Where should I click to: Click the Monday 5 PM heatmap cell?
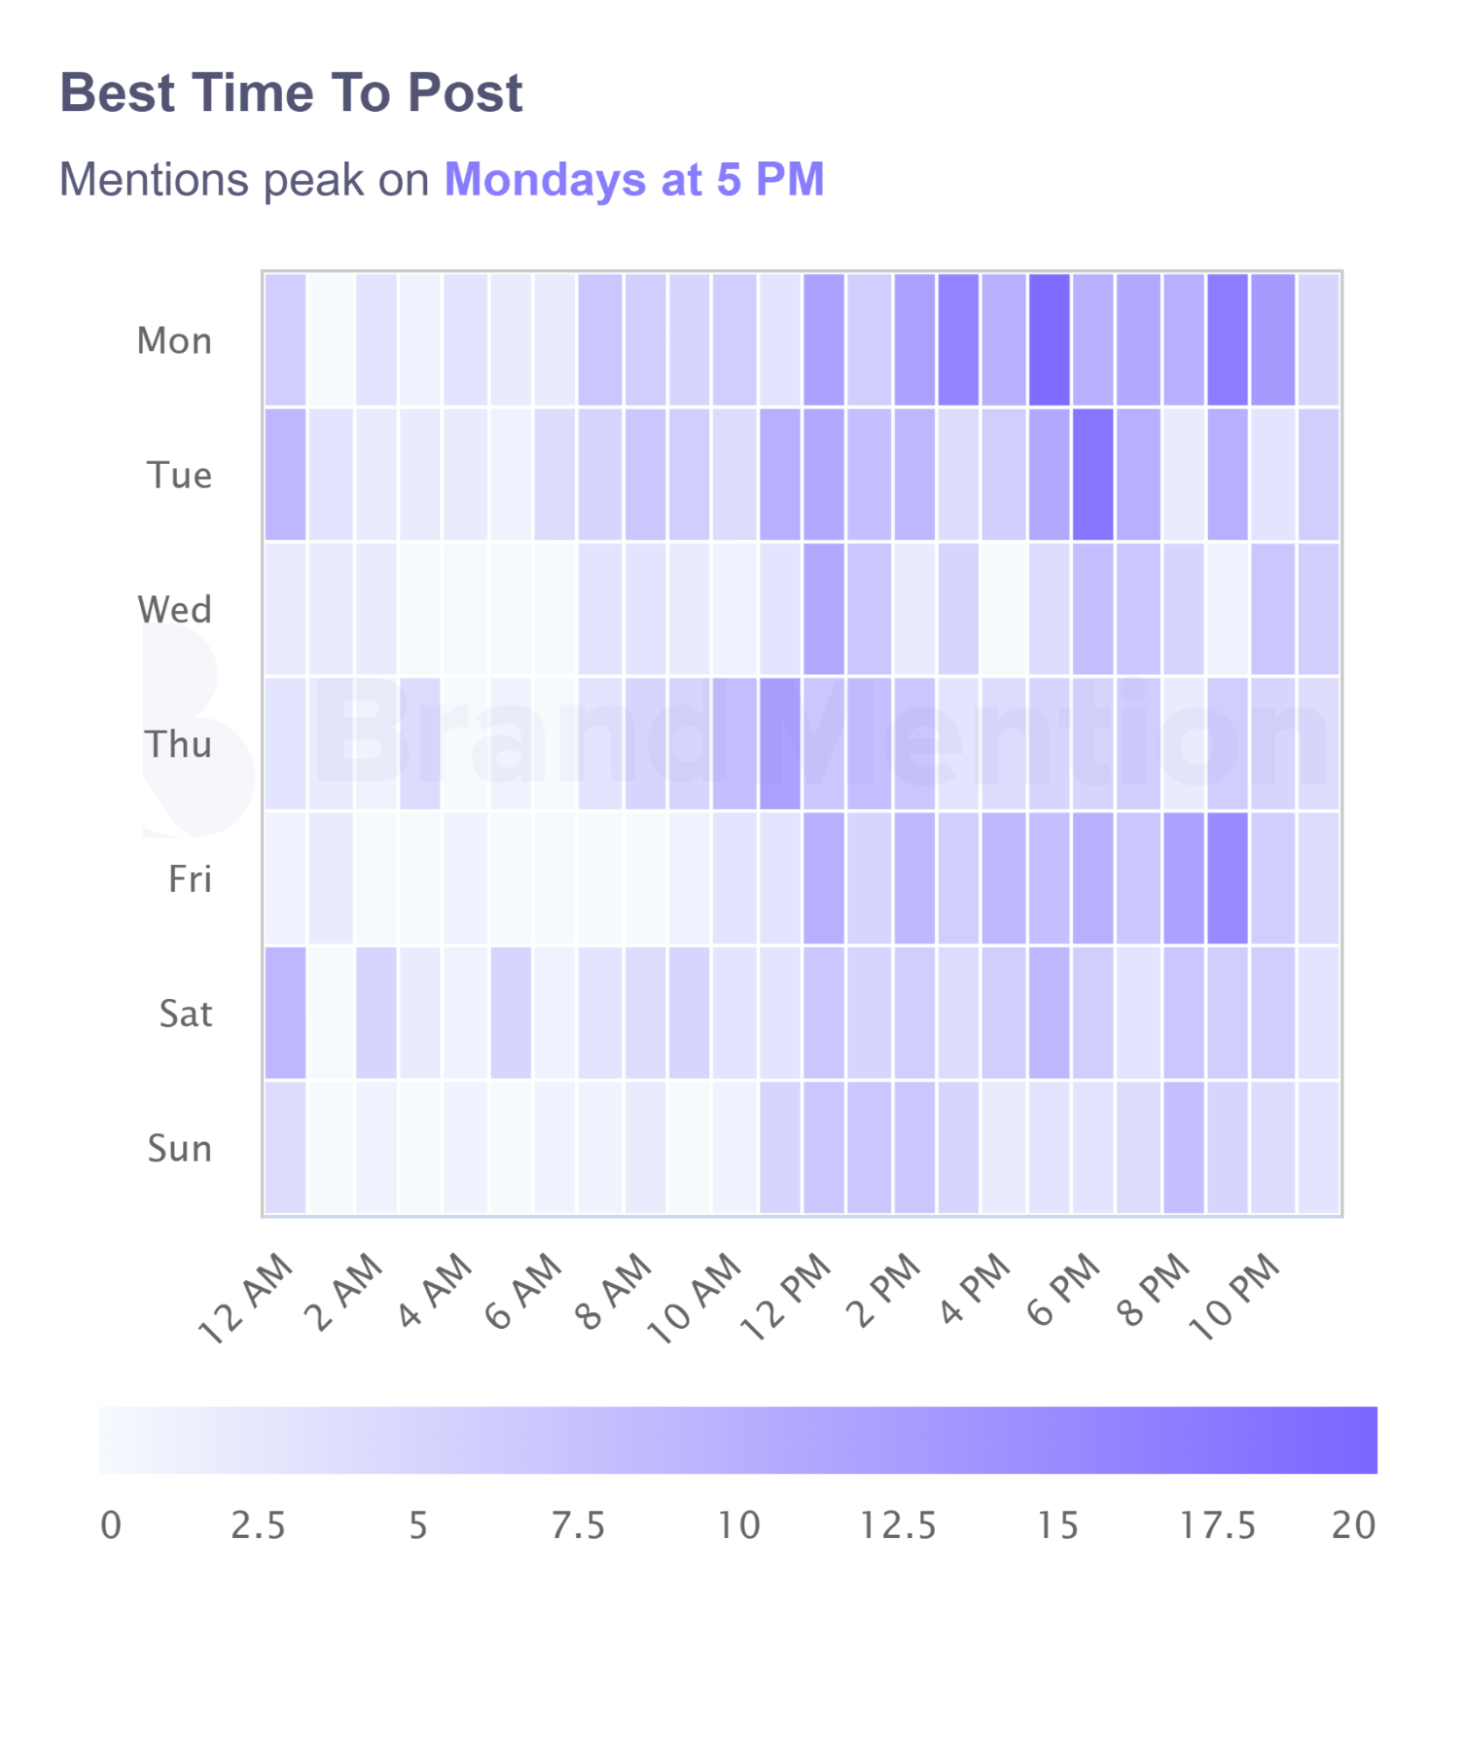coord(1049,340)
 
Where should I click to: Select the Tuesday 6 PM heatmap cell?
coord(1093,474)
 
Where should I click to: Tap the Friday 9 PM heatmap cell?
coord(1227,878)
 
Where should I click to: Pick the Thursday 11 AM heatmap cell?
coord(780,743)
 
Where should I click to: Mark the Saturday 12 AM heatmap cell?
coord(285,1013)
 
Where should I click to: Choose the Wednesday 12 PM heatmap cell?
coord(825,609)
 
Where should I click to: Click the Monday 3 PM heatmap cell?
coord(958,340)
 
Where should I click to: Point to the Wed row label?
coord(174,609)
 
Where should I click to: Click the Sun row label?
coord(179,1148)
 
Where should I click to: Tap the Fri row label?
coord(190,879)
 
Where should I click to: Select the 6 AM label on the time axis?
coord(523,1291)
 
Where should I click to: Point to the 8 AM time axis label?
coord(614,1291)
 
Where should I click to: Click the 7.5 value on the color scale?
coord(578,1526)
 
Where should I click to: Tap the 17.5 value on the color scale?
coord(1218,1526)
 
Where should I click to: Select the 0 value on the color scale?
coord(111,1526)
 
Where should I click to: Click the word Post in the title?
coord(465,93)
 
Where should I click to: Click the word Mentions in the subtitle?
coord(154,179)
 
